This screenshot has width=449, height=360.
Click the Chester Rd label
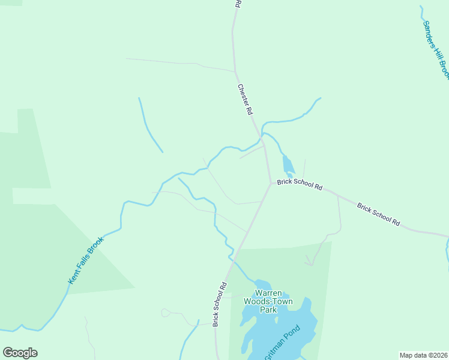click(x=244, y=100)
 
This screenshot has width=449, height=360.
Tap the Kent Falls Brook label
click(x=86, y=260)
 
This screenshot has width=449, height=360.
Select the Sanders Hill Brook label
click(x=436, y=49)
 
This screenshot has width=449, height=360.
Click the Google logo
click(x=20, y=353)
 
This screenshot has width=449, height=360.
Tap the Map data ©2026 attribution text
click(x=423, y=355)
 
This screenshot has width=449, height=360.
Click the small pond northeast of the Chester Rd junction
click(x=289, y=164)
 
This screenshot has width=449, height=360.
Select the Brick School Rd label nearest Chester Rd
click(x=300, y=184)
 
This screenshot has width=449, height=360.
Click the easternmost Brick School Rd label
click(x=378, y=214)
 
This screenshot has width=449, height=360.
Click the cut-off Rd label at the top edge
click(x=238, y=4)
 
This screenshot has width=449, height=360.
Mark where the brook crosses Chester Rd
click(x=262, y=141)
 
